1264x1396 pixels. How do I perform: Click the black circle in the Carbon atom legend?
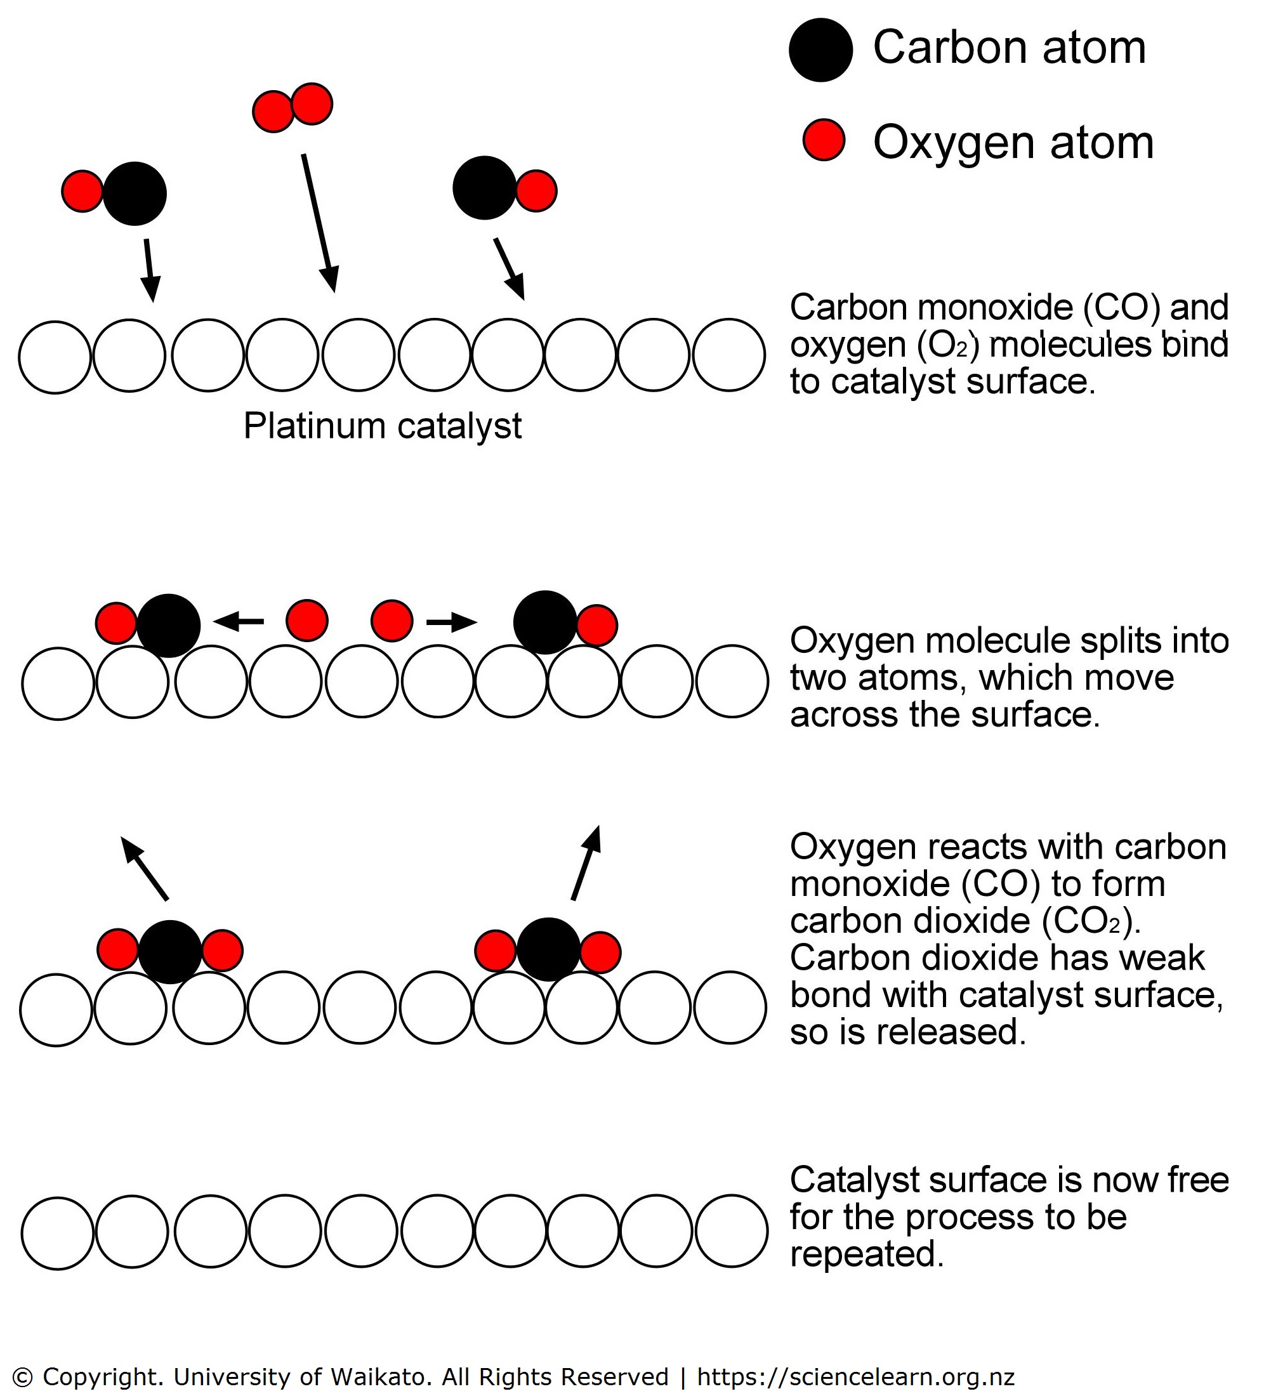tap(820, 50)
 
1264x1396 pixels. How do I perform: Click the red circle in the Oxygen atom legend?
tap(824, 140)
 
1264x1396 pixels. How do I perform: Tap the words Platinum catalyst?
tap(383, 426)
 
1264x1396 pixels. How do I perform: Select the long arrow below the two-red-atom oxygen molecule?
tap(319, 221)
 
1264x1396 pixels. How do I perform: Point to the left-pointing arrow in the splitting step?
tap(239, 621)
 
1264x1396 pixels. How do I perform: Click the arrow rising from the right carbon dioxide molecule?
tap(586, 862)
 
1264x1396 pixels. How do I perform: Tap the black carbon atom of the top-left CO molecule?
tap(135, 194)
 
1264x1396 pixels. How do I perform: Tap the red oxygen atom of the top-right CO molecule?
tap(536, 190)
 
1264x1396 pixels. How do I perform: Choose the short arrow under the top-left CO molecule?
tap(149, 270)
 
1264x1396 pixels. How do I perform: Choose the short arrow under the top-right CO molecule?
tap(509, 268)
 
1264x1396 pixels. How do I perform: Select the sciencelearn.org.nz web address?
tap(855, 1376)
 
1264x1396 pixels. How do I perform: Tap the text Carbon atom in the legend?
tap(1009, 48)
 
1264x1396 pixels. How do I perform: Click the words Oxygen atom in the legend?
tap(1013, 143)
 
